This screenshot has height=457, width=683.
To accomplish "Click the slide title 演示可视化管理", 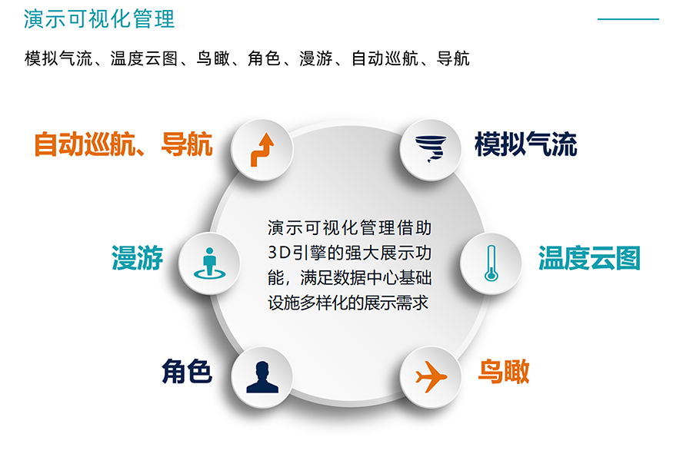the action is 99,19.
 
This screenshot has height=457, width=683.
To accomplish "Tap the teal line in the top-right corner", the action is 628,19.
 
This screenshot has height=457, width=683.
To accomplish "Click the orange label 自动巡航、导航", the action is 123,144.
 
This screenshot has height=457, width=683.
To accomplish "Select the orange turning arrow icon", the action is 262,150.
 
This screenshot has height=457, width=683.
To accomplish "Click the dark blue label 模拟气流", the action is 526,144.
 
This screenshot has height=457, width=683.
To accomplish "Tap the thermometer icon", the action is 491,263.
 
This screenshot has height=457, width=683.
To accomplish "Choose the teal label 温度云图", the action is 589,258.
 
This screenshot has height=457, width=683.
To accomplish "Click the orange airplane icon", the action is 431,376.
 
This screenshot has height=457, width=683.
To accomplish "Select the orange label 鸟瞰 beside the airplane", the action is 504,371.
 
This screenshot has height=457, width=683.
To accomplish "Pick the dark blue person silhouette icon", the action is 262,377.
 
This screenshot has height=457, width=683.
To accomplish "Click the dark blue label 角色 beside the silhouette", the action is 187,371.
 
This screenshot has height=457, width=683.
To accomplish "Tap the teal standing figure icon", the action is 209,263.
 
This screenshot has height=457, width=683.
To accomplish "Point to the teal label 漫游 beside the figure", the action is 137,258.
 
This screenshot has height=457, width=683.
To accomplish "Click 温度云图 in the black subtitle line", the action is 144,58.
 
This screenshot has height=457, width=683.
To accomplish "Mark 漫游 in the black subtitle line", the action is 316,58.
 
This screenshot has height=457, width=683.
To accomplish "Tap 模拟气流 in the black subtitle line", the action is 58,58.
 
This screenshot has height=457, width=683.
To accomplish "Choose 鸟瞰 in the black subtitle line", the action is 213,58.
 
